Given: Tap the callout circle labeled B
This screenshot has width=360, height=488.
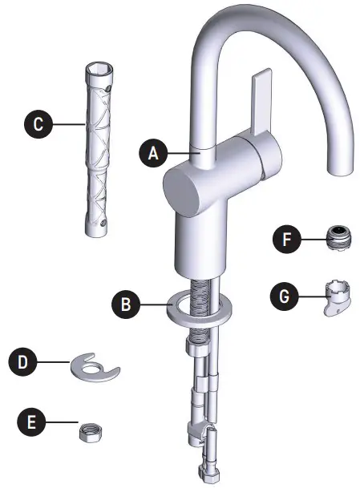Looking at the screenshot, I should [x=126, y=304].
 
